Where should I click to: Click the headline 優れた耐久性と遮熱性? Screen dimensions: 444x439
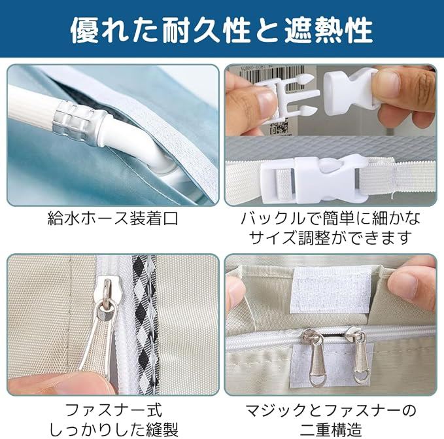[222, 31]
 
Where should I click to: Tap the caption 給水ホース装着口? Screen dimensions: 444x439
[113, 219]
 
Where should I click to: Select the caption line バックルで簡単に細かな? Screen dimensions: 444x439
[330, 219]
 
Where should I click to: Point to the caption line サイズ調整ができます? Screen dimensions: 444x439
[330, 237]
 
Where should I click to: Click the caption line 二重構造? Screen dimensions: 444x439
[331, 429]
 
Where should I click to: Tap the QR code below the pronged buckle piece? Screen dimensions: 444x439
[279, 127]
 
